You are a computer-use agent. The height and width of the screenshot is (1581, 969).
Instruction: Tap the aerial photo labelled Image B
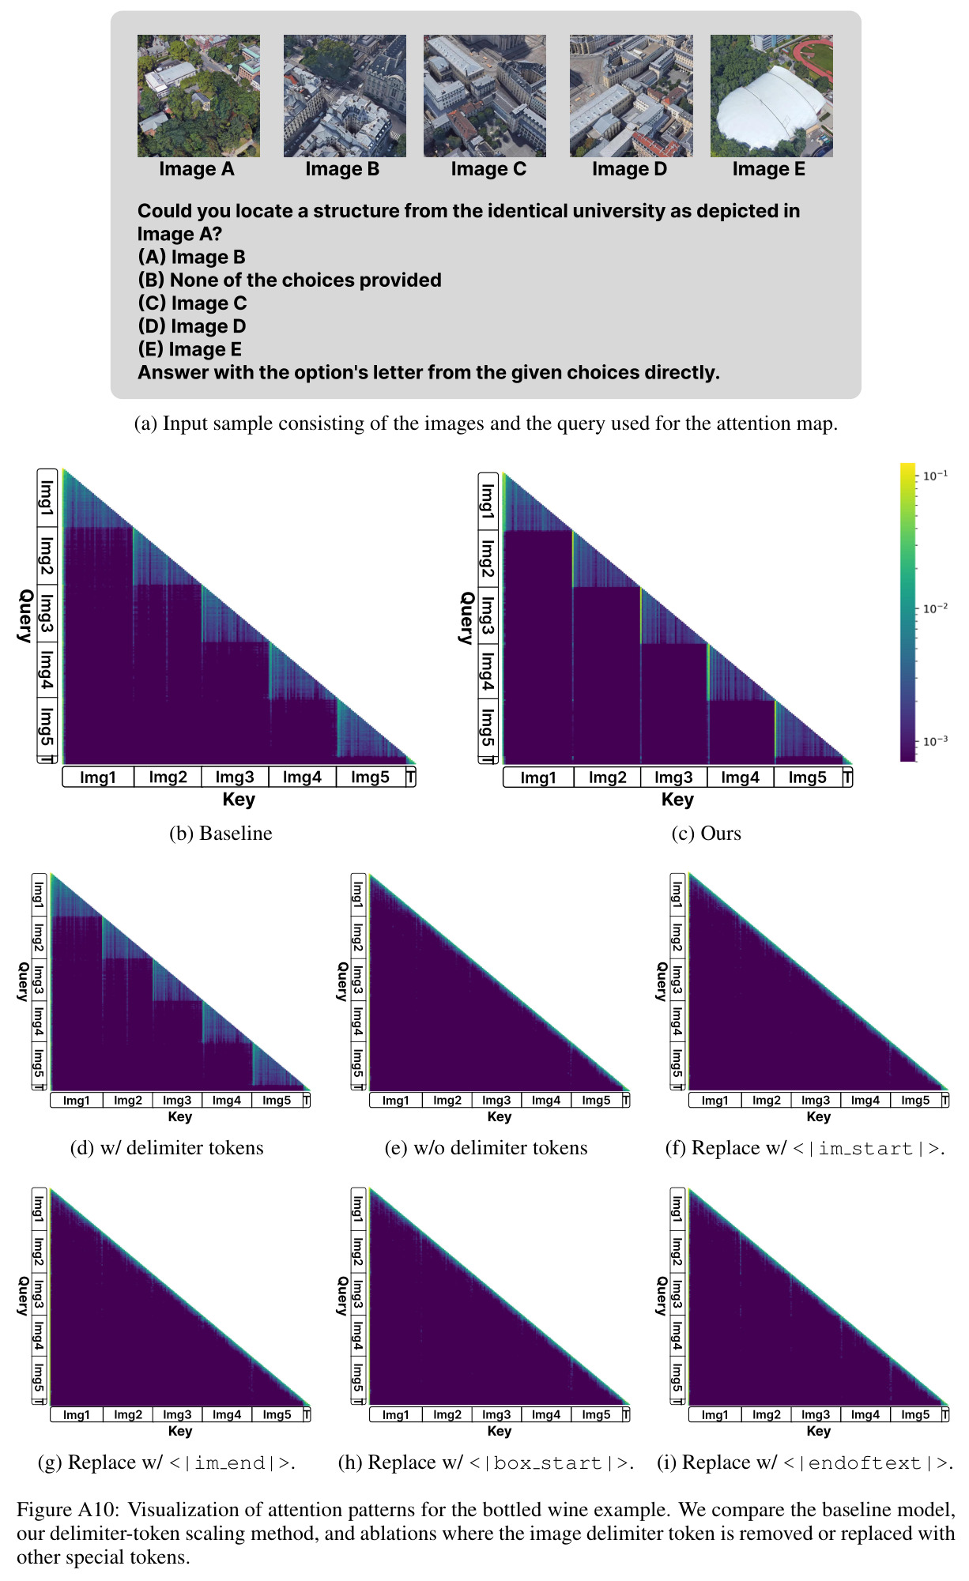[x=345, y=96]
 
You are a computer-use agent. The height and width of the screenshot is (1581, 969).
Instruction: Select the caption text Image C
[x=488, y=169]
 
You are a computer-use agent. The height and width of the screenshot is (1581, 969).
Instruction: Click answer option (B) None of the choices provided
[x=289, y=280]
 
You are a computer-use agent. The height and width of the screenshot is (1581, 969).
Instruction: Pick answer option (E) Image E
[x=190, y=349]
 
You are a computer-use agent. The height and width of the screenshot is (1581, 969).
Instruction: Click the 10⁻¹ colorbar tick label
[x=936, y=476]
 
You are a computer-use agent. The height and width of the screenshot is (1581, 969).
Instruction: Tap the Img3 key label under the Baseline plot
[x=235, y=777]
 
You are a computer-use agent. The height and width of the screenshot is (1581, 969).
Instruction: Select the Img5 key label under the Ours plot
[x=807, y=777]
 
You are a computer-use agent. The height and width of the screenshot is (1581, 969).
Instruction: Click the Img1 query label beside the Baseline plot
[x=47, y=497]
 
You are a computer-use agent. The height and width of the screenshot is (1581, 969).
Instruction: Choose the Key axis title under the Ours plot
[x=677, y=800]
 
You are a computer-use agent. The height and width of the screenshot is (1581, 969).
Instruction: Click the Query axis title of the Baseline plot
[x=25, y=615]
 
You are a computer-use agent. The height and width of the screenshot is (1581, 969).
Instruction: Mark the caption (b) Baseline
[x=221, y=834]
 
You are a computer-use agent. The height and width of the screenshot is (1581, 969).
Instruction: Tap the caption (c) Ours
[x=706, y=834]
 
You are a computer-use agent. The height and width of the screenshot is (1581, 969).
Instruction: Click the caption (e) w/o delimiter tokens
[x=486, y=1148]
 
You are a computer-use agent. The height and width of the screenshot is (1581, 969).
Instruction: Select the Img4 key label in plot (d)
[x=227, y=1100]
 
